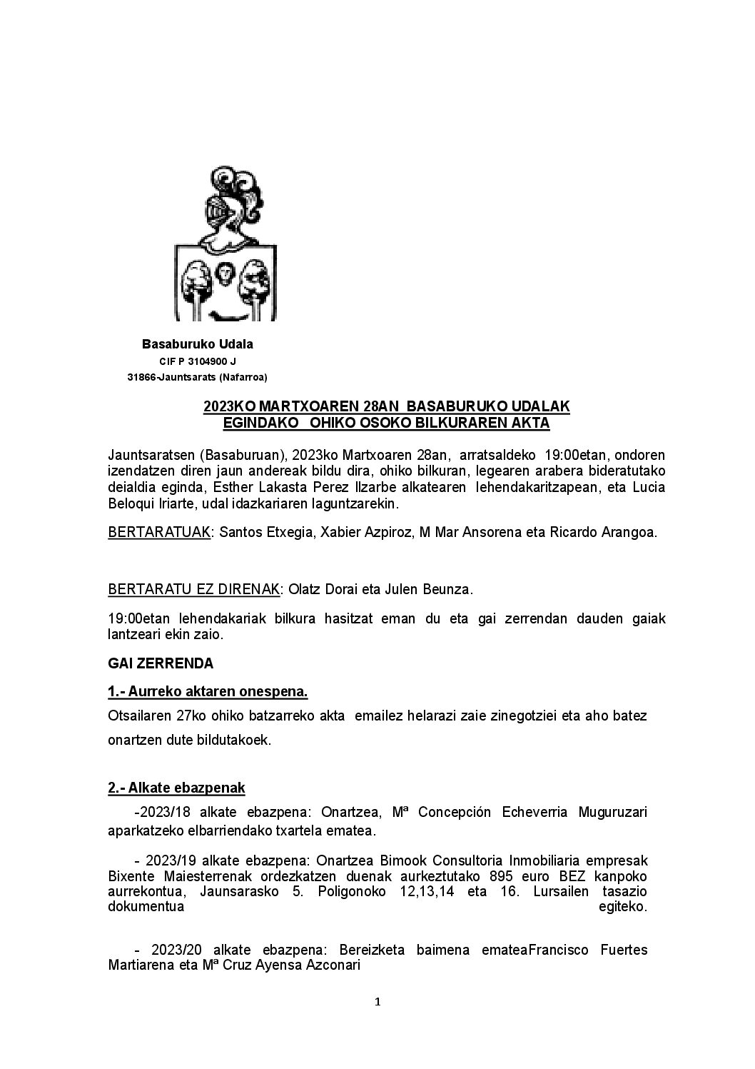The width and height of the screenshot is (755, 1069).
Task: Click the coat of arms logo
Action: click(x=226, y=244)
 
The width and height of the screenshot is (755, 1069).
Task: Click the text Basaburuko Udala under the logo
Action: click(x=198, y=344)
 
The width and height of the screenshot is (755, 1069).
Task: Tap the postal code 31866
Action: click(x=141, y=377)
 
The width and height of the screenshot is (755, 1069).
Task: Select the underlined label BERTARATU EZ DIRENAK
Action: click(x=193, y=590)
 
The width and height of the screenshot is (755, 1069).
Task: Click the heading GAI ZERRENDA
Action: click(x=161, y=663)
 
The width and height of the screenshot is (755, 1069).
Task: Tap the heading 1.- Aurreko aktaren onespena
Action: click(x=208, y=692)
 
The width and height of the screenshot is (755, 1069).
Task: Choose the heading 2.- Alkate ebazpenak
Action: click(x=176, y=788)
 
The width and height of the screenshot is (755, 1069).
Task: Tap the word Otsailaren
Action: click(x=139, y=716)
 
